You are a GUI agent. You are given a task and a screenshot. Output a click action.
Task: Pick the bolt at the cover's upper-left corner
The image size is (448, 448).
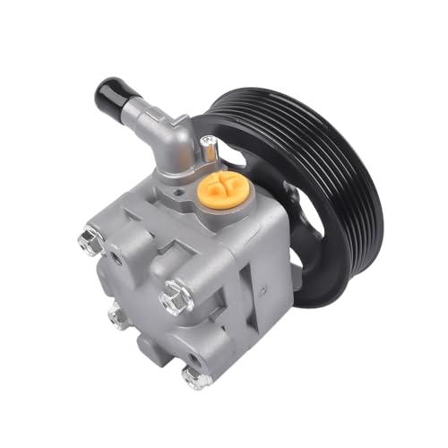(89, 240)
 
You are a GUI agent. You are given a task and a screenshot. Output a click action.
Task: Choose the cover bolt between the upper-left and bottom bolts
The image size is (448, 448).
(116, 315)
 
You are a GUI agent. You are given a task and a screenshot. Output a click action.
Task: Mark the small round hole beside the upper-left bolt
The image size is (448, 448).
(116, 258)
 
